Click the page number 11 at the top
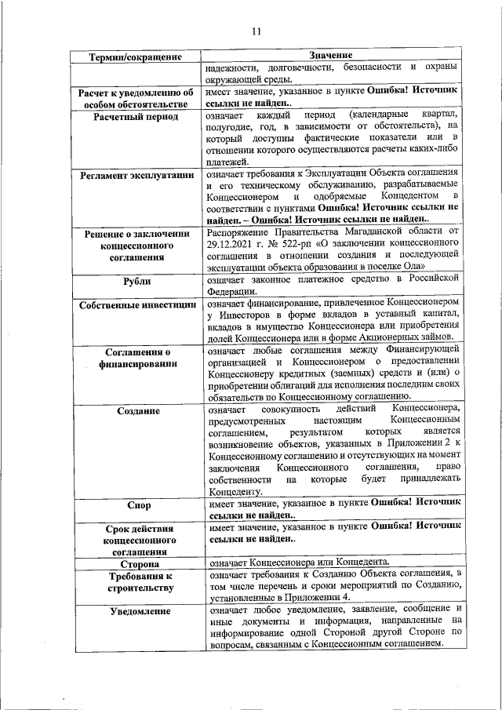256,32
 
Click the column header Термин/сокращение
136,56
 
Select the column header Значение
330,56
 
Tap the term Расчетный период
136,117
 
